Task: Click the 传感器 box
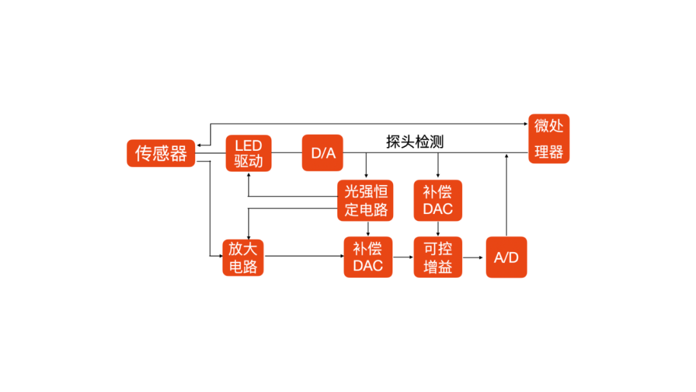(160, 153)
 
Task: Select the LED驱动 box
(249, 153)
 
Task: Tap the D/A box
(323, 153)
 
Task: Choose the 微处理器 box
(549, 138)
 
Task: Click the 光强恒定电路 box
(366, 200)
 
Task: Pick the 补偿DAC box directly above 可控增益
(438, 200)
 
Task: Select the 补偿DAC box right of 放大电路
(368, 257)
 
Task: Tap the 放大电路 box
(244, 257)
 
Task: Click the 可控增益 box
(438, 257)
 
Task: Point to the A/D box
(506, 257)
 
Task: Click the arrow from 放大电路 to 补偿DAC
(304, 257)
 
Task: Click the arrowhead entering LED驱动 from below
(249, 175)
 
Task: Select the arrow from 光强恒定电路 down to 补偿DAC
(368, 228)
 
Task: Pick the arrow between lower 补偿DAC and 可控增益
(403, 257)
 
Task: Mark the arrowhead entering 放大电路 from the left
(219, 257)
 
